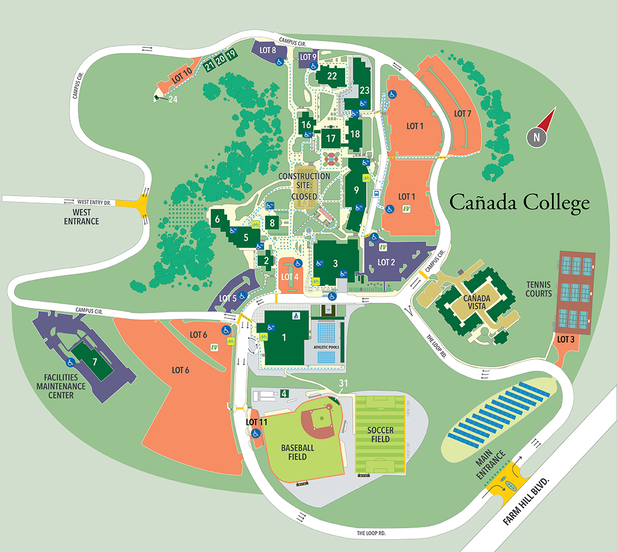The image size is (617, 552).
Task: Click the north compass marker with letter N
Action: pyautogui.click(x=536, y=137)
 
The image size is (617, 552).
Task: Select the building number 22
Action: pyautogui.click(x=332, y=76)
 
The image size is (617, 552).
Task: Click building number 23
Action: pyautogui.click(x=365, y=90)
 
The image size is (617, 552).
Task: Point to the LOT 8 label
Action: pyautogui.click(x=268, y=50)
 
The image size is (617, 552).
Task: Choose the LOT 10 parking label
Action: pyautogui.click(x=182, y=76)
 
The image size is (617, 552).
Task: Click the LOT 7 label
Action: pyautogui.click(x=462, y=113)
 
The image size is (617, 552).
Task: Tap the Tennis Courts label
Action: pyautogui.click(x=539, y=289)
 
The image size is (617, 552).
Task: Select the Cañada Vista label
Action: pyautogui.click(x=476, y=302)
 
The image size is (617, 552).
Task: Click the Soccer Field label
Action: pyautogui.click(x=380, y=435)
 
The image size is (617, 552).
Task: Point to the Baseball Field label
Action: pyautogui.click(x=298, y=452)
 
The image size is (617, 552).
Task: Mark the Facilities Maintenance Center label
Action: pyautogui.click(x=61, y=386)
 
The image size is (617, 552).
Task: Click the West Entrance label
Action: pyautogui.click(x=81, y=217)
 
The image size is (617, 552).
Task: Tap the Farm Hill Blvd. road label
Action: pyautogui.click(x=526, y=501)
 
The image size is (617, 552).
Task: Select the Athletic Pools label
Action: pyautogui.click(x=327, y=348)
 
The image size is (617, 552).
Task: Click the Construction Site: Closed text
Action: pyautogui.click(x=304, y=186)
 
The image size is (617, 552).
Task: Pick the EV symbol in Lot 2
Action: pyautogui.click(x=383, y=247)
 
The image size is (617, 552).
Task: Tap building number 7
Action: pyautogui.click(x=95, y=362)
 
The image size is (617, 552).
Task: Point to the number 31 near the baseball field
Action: pyautogui.click(x=344, y=383)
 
